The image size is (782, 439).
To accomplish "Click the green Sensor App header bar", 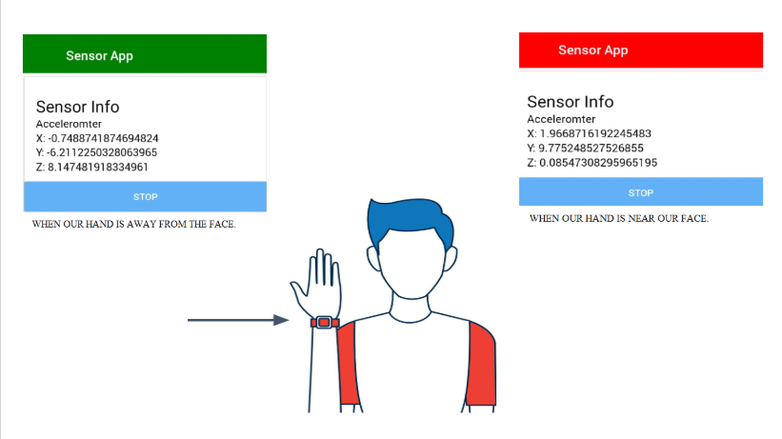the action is (145, 54).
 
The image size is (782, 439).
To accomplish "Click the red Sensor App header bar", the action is (640, 50).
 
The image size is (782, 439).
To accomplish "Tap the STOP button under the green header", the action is (145, 197).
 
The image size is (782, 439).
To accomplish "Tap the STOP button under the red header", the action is (640, 192).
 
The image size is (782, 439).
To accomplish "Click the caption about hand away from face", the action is (133, 225).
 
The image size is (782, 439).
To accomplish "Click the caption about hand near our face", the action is (619, 219).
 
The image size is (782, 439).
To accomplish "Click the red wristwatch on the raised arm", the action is (324, 323).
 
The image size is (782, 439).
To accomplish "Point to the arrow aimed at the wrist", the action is (238, 321).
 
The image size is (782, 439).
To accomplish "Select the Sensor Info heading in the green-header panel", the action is (78, 107).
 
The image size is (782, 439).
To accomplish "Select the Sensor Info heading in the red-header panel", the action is (570, 102).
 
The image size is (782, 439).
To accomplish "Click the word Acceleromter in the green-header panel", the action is (69, 124).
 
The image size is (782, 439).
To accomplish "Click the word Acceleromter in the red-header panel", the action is (560, 119).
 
